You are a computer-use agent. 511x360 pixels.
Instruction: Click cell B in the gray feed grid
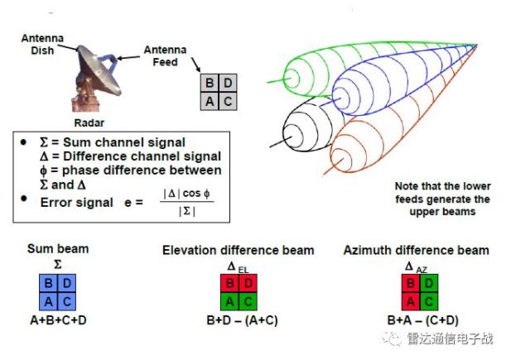tap(210, 83)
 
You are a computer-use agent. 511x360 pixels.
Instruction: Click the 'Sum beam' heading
tap(58, 247)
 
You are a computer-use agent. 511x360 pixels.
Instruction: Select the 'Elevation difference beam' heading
tap(238, 250)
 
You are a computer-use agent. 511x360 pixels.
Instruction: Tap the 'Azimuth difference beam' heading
tap(416, 250)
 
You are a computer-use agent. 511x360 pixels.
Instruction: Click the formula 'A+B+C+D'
tap(58, 318)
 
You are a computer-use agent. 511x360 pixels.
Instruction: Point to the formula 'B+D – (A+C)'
tap(239, 319)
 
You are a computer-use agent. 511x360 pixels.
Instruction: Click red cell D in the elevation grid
tap(247, 284)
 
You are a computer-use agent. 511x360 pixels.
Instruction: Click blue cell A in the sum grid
tap(49, 300)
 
